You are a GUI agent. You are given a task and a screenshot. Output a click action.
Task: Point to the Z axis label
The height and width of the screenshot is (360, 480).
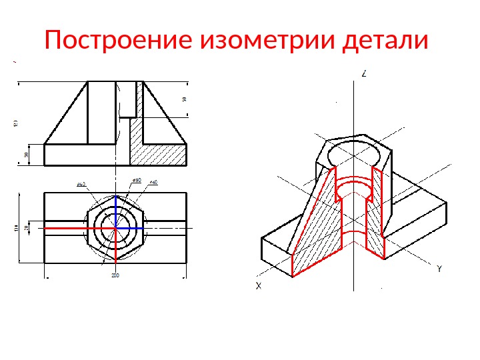(364, 74)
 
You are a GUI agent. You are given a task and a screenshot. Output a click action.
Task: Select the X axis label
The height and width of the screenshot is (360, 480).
(258, 286)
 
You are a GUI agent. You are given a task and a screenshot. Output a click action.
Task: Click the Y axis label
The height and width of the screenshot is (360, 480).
(439, 269)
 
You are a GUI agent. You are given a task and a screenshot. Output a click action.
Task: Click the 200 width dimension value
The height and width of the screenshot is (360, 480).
(115, 275)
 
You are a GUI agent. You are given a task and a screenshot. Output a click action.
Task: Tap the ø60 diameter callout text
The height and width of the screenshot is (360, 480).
(153, 182)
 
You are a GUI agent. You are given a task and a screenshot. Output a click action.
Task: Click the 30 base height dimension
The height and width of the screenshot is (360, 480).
(26, 155)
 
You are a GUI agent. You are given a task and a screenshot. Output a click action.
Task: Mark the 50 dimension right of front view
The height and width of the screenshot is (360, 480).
(184, 99)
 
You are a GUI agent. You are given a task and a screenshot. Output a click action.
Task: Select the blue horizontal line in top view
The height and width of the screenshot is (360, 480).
(131, 227)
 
